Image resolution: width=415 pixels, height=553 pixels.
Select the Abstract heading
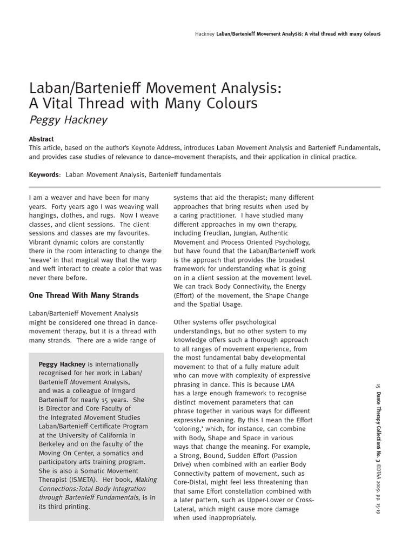[x=41, y=139]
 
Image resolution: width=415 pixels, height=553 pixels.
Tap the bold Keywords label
[x=44, y=175]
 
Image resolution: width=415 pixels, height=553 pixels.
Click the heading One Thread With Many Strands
[x=84, y=295]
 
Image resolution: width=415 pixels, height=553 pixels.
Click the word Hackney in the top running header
[x=204, y=33]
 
